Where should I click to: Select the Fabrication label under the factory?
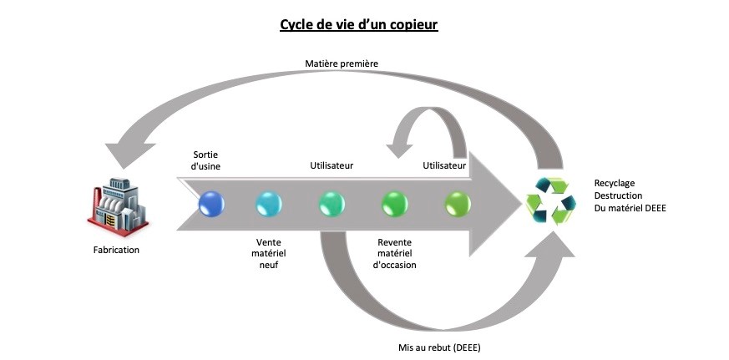point(116,249)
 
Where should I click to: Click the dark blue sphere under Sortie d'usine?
point(210,204)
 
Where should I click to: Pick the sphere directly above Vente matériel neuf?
point(269,204)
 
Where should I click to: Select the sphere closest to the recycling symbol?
point(457,204)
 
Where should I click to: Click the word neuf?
point(267,265)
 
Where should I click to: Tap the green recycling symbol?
point(549,201)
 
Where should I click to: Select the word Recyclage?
point(615,181)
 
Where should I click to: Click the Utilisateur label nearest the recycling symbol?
point(444,165)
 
